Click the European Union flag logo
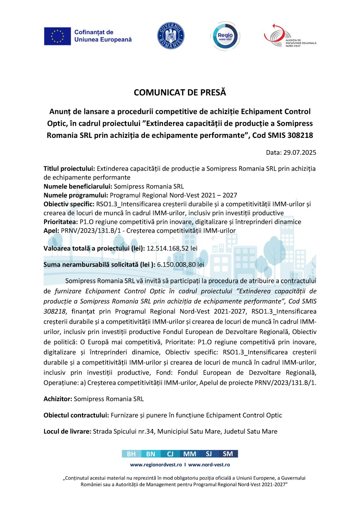click(57, 36)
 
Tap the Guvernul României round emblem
click(171, 36)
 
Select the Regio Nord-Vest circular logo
click(225, 36)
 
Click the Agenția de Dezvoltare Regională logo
click(290, 36)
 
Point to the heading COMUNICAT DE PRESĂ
click(180, 93)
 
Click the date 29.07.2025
click(300, 152)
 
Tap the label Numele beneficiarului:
click(78, 186)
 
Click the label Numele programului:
click(76, 195)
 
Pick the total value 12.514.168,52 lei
click(172, 248)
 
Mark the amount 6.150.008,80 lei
click(180, 265)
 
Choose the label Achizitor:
click(58, 399)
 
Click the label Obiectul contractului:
click(76, 415)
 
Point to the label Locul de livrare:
click(67, 431)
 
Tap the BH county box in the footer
click(131, 454)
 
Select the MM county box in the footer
click(190, 454)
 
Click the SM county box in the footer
click(228, 454)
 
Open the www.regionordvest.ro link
click(156, 465)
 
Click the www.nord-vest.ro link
click(209, 465)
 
